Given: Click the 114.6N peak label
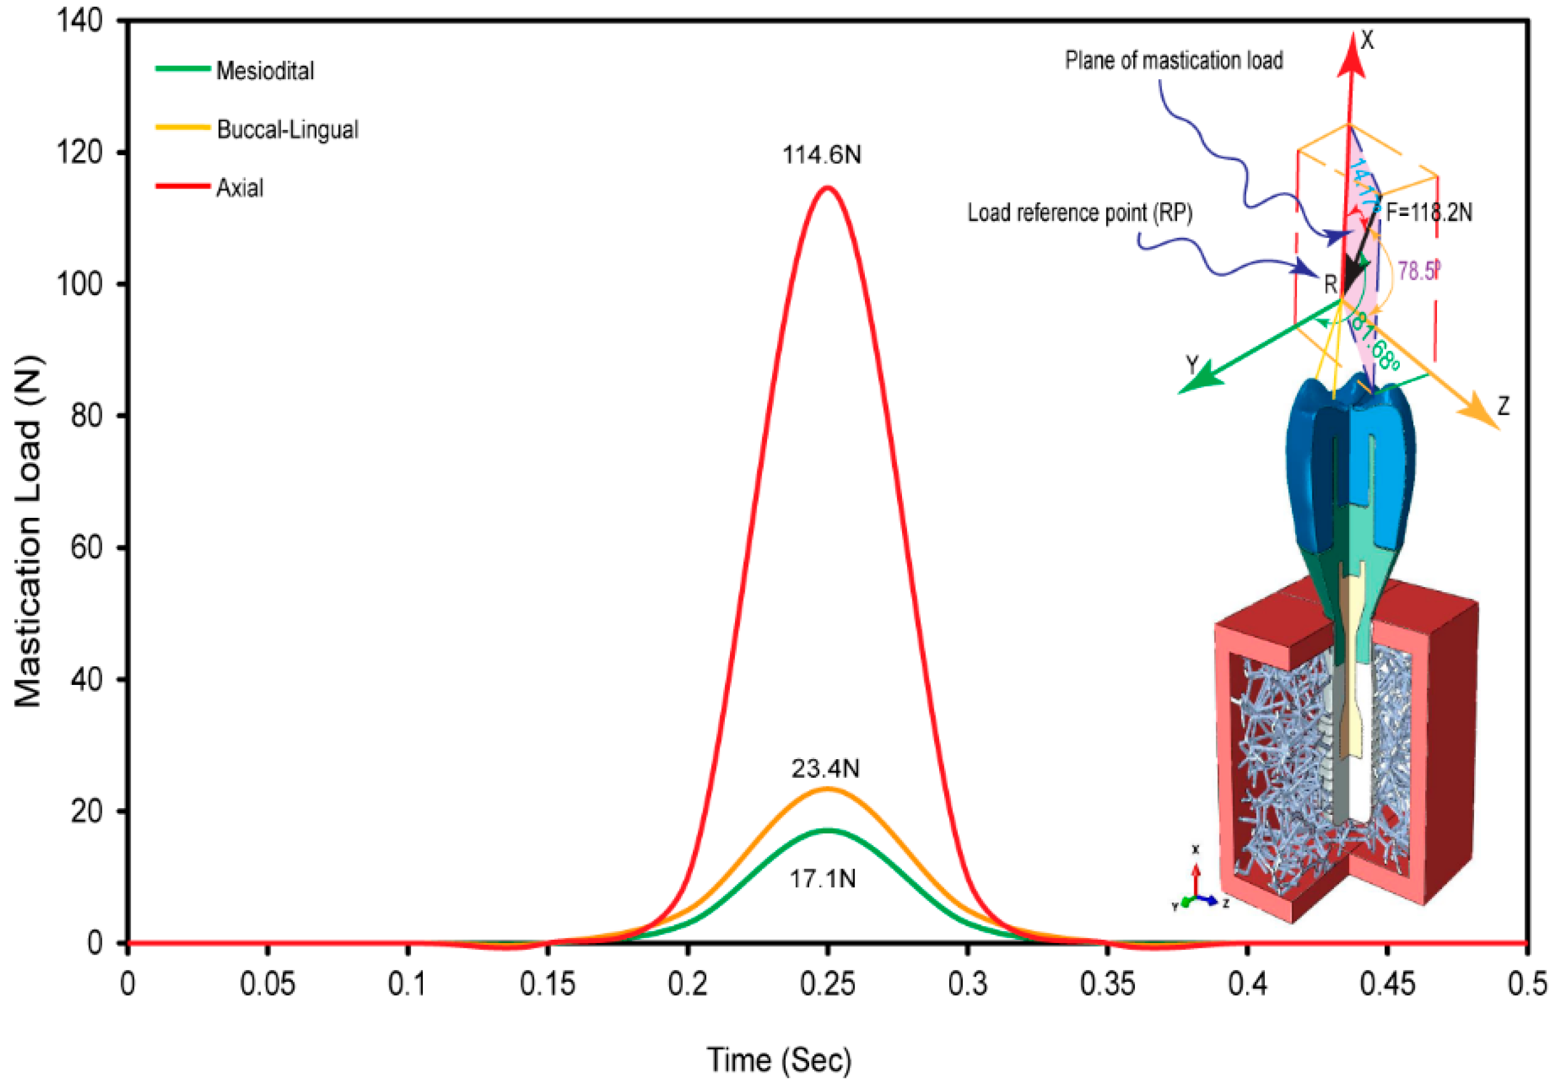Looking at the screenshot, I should coord(822,155).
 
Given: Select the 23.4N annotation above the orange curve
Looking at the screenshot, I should coord(825,768).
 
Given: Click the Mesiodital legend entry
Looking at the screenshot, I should coord(264,71).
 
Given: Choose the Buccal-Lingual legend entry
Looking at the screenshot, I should coord(287,129).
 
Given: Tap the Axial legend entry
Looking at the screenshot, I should coord(239,187).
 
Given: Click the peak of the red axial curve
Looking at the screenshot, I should coord(827,187).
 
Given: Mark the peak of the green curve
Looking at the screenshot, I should coord(828,830).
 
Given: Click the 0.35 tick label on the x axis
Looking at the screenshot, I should coord(1107,984).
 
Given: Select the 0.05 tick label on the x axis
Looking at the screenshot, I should coord(267,984).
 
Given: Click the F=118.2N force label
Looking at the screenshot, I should coord(1429,213).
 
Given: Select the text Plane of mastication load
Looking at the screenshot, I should coord(1173,61).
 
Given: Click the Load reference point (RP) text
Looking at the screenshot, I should coord(1080,213).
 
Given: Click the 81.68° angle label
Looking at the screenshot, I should coord(1374,342).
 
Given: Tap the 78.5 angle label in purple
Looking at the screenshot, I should coord(1418,271).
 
